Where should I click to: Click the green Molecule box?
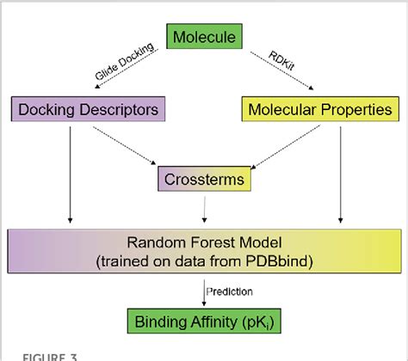coord(205,37)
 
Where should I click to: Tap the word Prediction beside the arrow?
coord(229,291)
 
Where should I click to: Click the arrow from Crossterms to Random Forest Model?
coord(203,209)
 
